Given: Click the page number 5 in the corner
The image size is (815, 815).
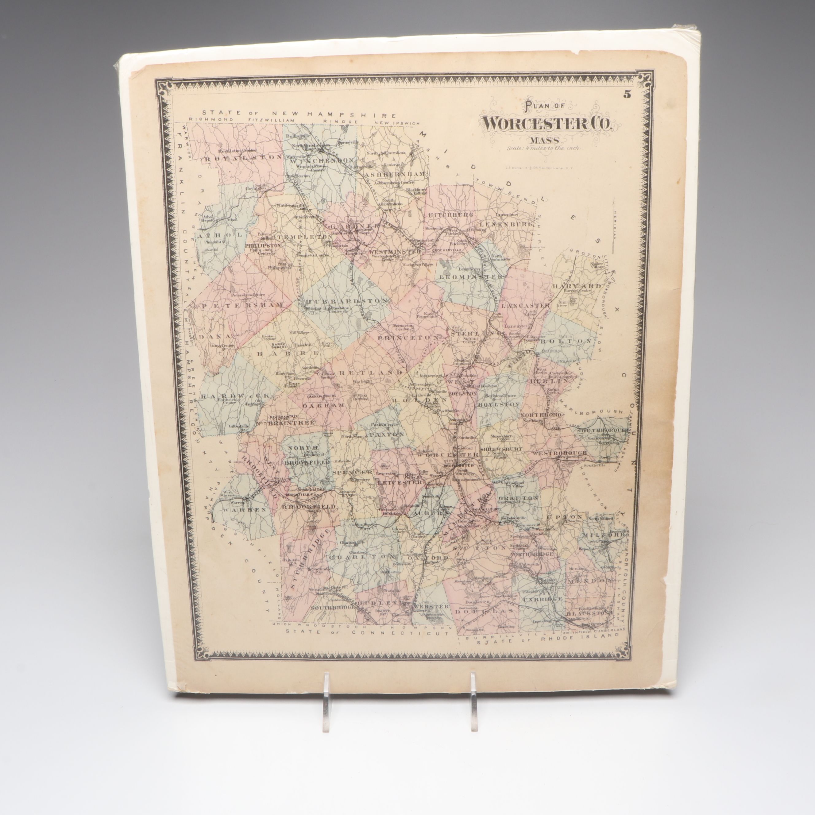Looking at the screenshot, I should pyautogui.click(x=627, y=95).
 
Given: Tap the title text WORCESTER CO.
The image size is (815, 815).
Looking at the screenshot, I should pyautogui.click(x=546, y=123).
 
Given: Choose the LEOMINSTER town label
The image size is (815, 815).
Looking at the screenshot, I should pyautogui.click(x=471, y=277).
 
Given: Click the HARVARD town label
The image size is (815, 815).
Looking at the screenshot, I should pyautogui.click(x=576, y=286).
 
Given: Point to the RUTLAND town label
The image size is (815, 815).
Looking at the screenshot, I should pyautogui.click(x=370, y=373).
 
